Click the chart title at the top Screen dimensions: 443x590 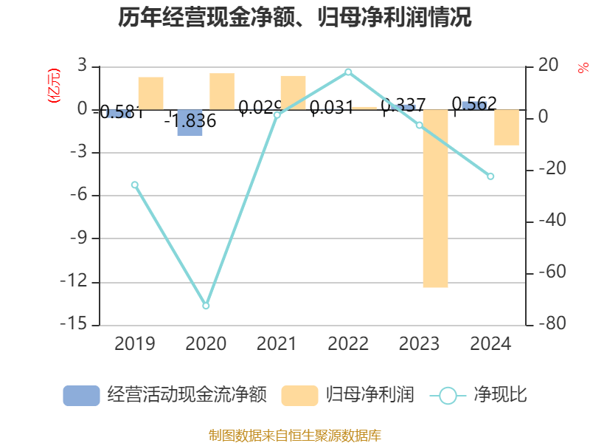(295, 18)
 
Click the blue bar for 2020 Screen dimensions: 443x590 (190, 123)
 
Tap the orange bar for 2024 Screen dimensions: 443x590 (507, 127)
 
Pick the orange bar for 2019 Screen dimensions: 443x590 (150, 93)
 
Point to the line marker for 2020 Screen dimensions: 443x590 (206, 306)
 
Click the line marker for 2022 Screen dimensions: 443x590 (348, 72)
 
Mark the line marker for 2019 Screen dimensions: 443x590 (134, 185)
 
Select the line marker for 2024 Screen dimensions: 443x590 (490, 176)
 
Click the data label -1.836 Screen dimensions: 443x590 (190, 121)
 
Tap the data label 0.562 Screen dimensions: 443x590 (474, 103)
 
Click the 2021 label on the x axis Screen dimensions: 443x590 (277, 343)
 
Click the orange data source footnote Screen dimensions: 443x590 (295, 435)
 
